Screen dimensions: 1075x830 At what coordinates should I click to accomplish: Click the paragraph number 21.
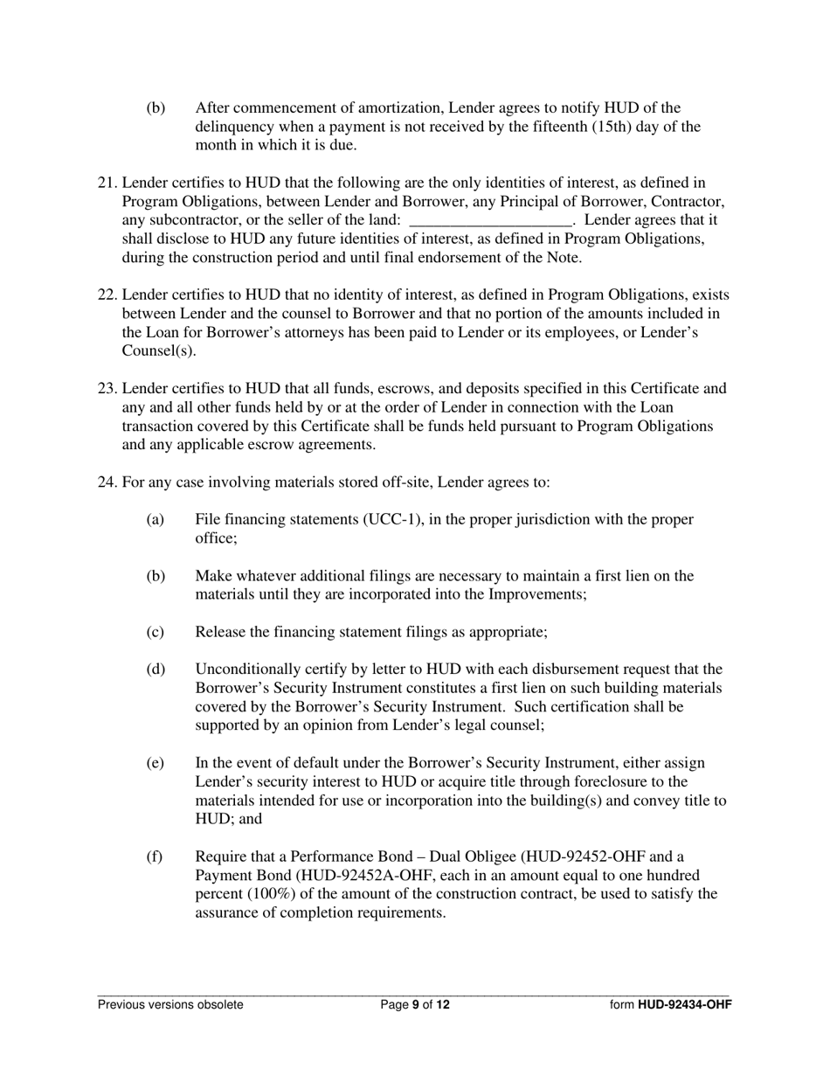107,183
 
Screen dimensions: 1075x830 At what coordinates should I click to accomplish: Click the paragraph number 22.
107,295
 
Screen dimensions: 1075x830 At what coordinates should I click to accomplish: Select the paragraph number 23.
107,388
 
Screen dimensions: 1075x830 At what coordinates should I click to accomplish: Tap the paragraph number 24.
107,482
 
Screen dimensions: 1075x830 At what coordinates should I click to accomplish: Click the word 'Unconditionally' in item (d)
247,669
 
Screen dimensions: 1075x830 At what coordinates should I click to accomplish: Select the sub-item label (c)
155,632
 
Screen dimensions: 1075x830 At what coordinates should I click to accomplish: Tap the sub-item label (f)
155,857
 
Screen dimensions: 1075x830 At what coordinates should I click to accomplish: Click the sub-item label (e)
155,763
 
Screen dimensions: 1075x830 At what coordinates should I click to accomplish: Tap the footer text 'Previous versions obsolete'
170,1005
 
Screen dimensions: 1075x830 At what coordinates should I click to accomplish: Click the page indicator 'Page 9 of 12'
415,1005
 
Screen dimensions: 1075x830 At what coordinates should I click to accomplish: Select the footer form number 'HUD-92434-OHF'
684,1005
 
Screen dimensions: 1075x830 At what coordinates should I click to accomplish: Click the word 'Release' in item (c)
222,632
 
